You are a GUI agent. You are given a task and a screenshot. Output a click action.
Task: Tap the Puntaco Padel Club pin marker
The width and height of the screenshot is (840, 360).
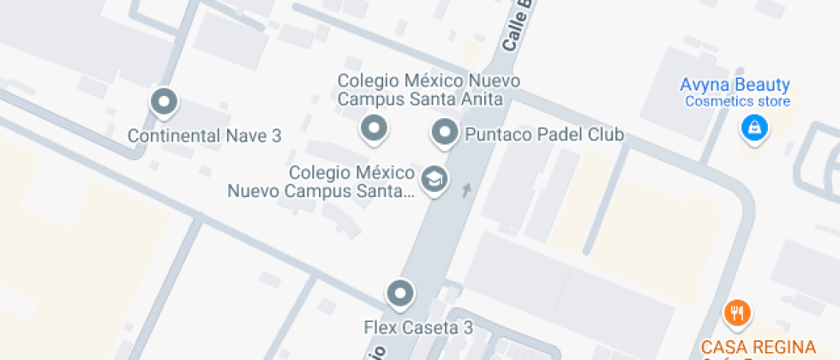[444, 133]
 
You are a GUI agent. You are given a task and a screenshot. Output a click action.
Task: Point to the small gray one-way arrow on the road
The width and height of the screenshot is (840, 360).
[465, 189]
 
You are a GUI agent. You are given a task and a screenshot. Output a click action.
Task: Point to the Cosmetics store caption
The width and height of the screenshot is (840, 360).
[737, 102]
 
